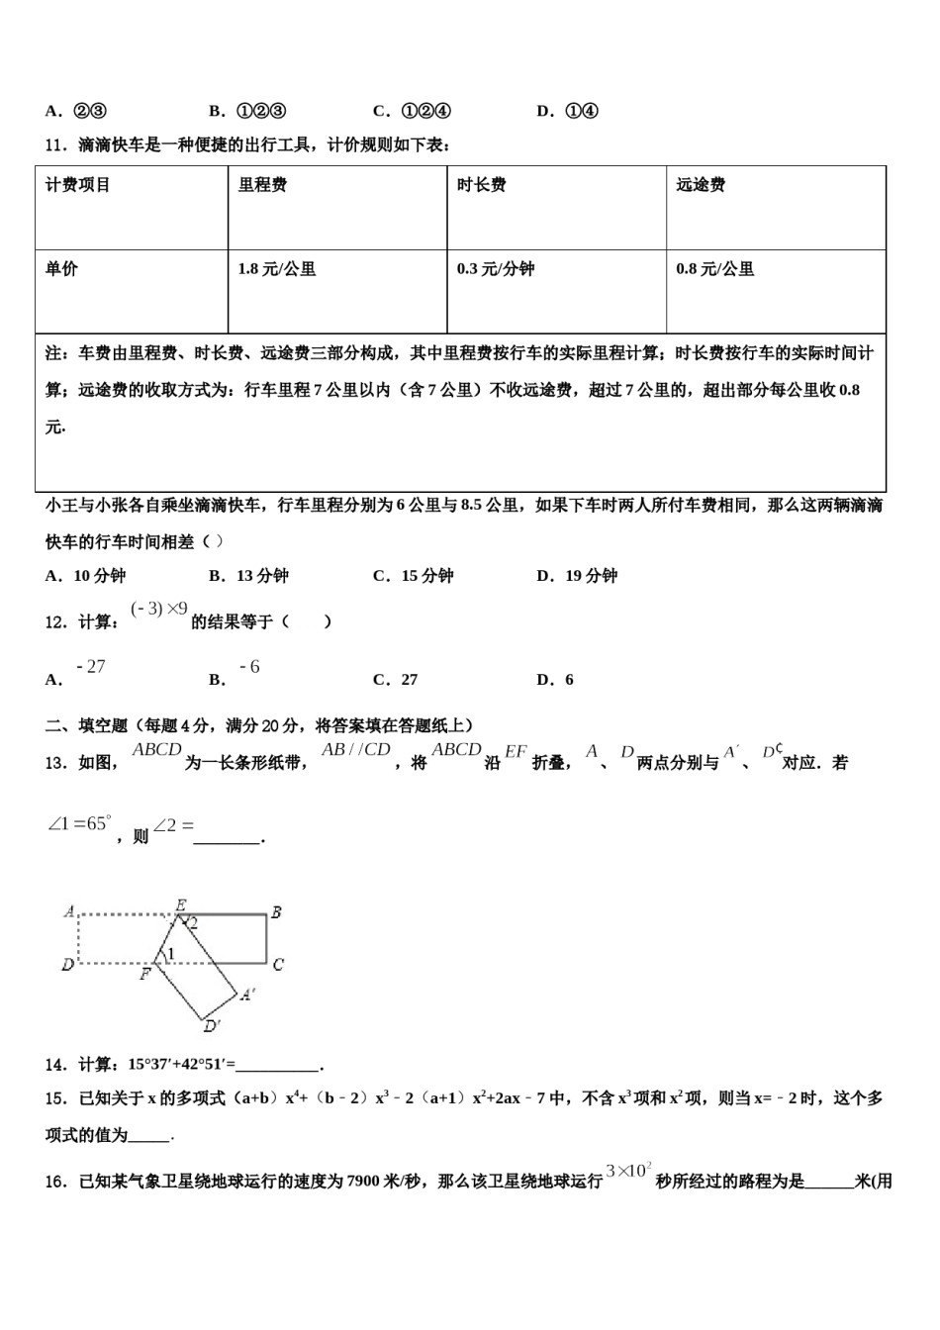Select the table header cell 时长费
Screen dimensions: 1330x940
[482, 185]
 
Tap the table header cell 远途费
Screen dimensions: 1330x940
[701, 185]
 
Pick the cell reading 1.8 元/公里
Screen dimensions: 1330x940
[277, 269]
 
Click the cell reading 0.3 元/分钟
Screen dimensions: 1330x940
[496, 269]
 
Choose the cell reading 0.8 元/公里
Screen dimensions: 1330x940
[715, 269]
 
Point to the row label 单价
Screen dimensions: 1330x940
[61, 269]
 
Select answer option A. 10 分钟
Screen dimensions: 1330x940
[86, 576]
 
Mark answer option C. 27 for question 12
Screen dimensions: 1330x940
[396, 680]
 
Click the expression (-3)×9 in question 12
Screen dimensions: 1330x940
[158, 610]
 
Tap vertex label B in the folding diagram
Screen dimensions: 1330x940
[276, 912]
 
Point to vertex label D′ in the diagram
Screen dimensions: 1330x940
[212, 1025]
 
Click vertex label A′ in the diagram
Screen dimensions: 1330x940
[247, 994]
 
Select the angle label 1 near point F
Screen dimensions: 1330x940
[170, 954]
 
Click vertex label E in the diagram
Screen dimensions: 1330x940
[181, 904]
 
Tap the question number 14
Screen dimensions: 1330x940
[54, 1065]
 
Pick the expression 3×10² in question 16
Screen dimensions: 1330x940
[628, 1172]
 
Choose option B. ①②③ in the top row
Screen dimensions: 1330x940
[248, 111]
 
